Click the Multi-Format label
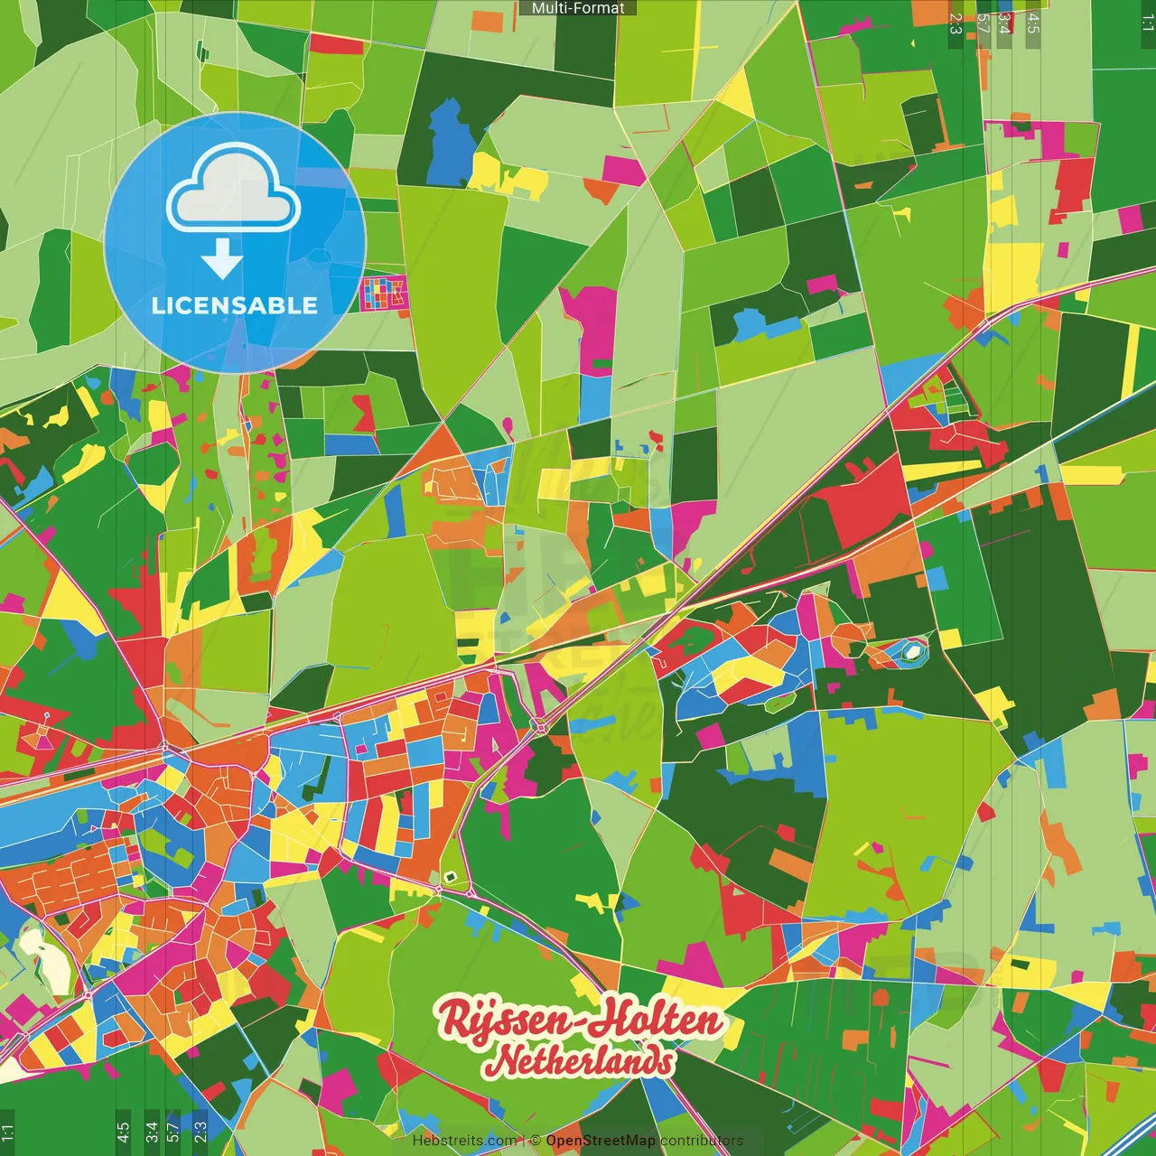(578, 8)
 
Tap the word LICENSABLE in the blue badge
(235, 305)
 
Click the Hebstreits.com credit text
(464, 1141)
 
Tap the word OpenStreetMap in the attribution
(601, 1141)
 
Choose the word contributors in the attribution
(702, 1141)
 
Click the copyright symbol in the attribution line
(535, 1141)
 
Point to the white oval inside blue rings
(912, 650)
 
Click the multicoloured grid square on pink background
(384, 294)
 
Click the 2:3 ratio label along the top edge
(956, 23)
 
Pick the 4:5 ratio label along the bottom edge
(123, 1133)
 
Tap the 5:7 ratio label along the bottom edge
(172, 1133)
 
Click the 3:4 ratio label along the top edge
(1005, 23)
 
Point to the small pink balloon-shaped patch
(508, 424)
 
